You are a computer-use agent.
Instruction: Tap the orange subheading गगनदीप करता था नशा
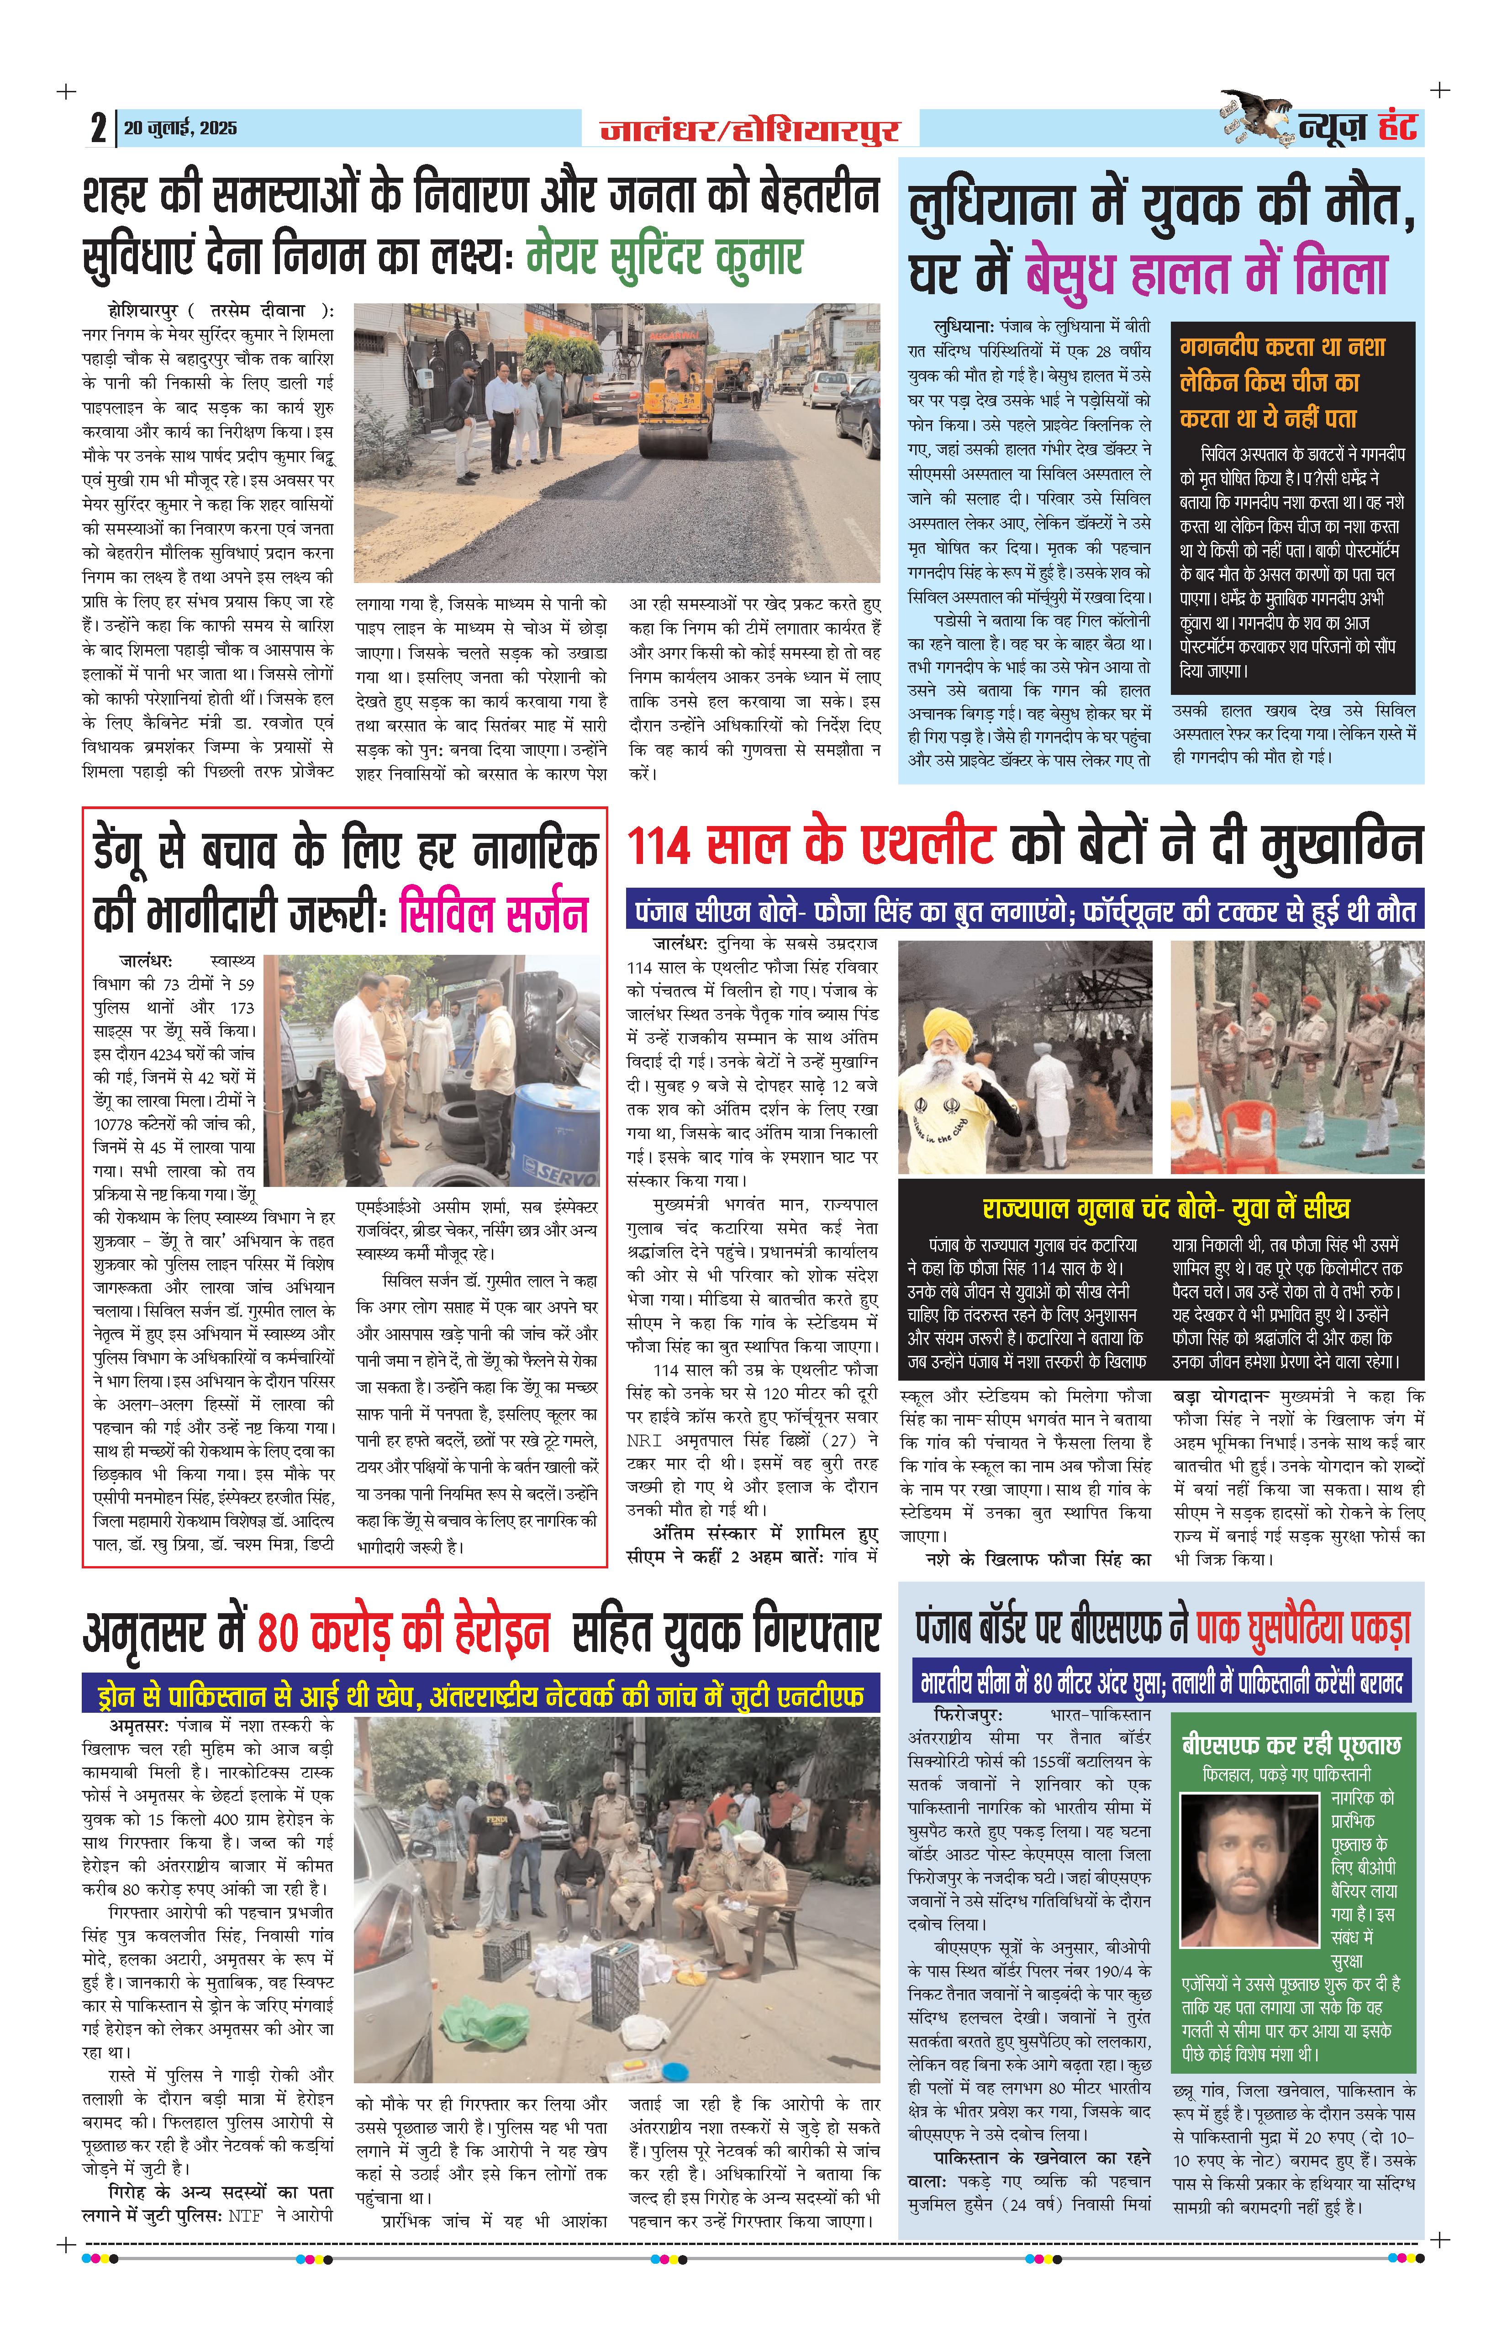click(1282, 348)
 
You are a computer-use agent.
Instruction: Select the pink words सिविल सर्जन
click(494, 914)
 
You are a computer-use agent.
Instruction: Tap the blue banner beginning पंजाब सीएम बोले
click(1025, 911)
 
